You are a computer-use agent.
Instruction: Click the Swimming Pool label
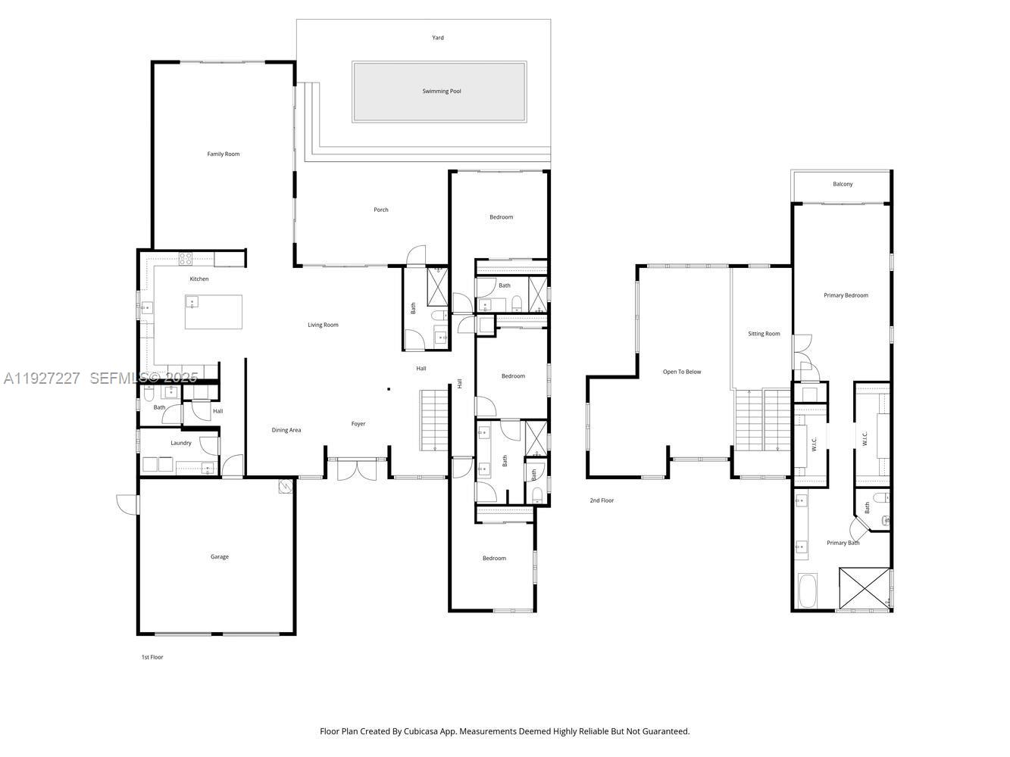pyautogui.click(x=442, y=92)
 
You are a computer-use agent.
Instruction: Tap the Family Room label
pyautogui.click(x=224, y=154)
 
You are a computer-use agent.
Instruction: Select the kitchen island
pyautogui.click(x=214, y=312)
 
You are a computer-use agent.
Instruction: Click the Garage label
pyautogui.click(x=220, y=557)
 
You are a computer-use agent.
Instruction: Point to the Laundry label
pyautogui.click(x=181, y=444)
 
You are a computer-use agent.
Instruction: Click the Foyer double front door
pyautogui.click(x=358, y=469)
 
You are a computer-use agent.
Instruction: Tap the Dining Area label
pyautogui.click(x=286, y=431)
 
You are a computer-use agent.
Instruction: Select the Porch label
pyautogui.click(x=381, y=210)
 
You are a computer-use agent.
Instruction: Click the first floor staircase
pyautogui.click(x=434, y=421)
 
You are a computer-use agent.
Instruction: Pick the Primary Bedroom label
pyautogui.click(x=846, y=296)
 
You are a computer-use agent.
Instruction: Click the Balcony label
pyautogui.click(x=843, y=185)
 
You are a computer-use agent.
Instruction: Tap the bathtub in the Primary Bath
pyautogui.click(x=807, y=591)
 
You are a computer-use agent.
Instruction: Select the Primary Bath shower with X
pyautogui.click(x=864, y=588)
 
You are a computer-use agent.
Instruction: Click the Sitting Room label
pyautogui.click(x=764, y=334)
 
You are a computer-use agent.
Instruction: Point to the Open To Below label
pyautogui.click(x=682, y=372)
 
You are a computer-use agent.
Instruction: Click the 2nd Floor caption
pyautogui.click(x=602, y=501)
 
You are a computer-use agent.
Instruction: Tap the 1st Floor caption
pyautogui.click(x=152, y=658)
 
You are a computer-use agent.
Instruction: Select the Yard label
pyautogui.click(x=438, y=38)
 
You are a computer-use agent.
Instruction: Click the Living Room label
pyautogui.click(x=323, y=326)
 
